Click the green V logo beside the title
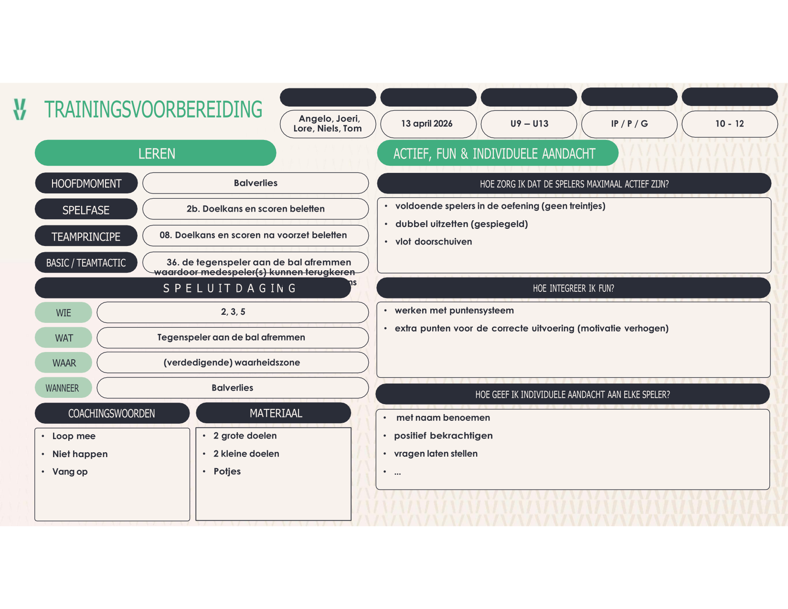(20, 109)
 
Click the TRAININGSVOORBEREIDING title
(153, 110)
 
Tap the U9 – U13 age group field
(529, 124)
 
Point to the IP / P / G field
(629, 124)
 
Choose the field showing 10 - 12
(729, 124)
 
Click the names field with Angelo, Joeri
(328, 124)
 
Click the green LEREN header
(156, 153)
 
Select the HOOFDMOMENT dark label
(86, 183)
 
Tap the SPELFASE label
(86, 210)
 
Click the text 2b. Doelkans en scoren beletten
(256, 209)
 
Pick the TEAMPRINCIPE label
(86, 236)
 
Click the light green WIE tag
(64, 312)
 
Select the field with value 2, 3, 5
(233, 312)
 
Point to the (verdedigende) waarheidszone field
(232, 363)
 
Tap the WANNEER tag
(63, 388)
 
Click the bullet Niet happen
(80, 454)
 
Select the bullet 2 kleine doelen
(246, 453)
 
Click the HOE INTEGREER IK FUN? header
(573, 288)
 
